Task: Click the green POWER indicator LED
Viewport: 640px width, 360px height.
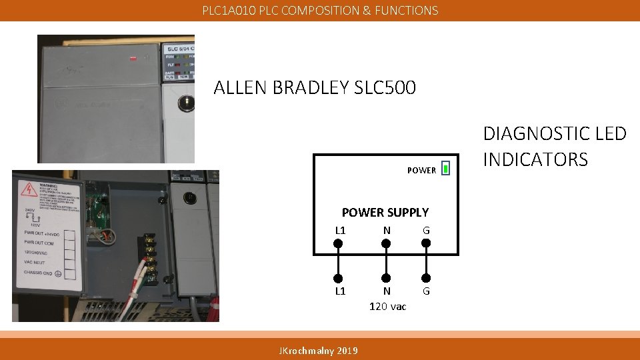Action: pyautogui.click(x=445, y=169)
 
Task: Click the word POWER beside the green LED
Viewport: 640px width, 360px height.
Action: pyautogui.click(x=421, y=170)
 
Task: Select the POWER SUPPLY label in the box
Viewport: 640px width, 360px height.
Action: pyautogui.click(x=385, y=213)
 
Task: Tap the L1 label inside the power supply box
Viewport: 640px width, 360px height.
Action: pyautogui.click(x=340, y=231)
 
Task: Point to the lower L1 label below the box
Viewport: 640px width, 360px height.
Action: pyautogui.click(x=340, y=291)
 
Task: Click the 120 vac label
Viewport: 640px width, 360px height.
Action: pyautogui.click(x=387, y=306)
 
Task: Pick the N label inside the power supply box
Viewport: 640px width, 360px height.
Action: pyautogui.click(x=386, y=231)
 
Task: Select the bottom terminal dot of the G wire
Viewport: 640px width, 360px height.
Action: pyautogui.click(x=426, y=278)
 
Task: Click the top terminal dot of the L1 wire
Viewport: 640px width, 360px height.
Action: pyautogui.click(x=338, y=243)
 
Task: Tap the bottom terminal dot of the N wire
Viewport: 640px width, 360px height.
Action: pyautogui.click(x=385, y=278)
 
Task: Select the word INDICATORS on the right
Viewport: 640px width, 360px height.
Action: pyautogui.click(x=535, y=160)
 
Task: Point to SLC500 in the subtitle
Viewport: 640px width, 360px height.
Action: pyautogui.click(x=387, y=87)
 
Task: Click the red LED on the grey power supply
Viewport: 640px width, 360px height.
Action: pyautogui.click(x=133, y=58)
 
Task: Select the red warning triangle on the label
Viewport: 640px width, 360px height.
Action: pyautogui.click(x=29, y=189)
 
